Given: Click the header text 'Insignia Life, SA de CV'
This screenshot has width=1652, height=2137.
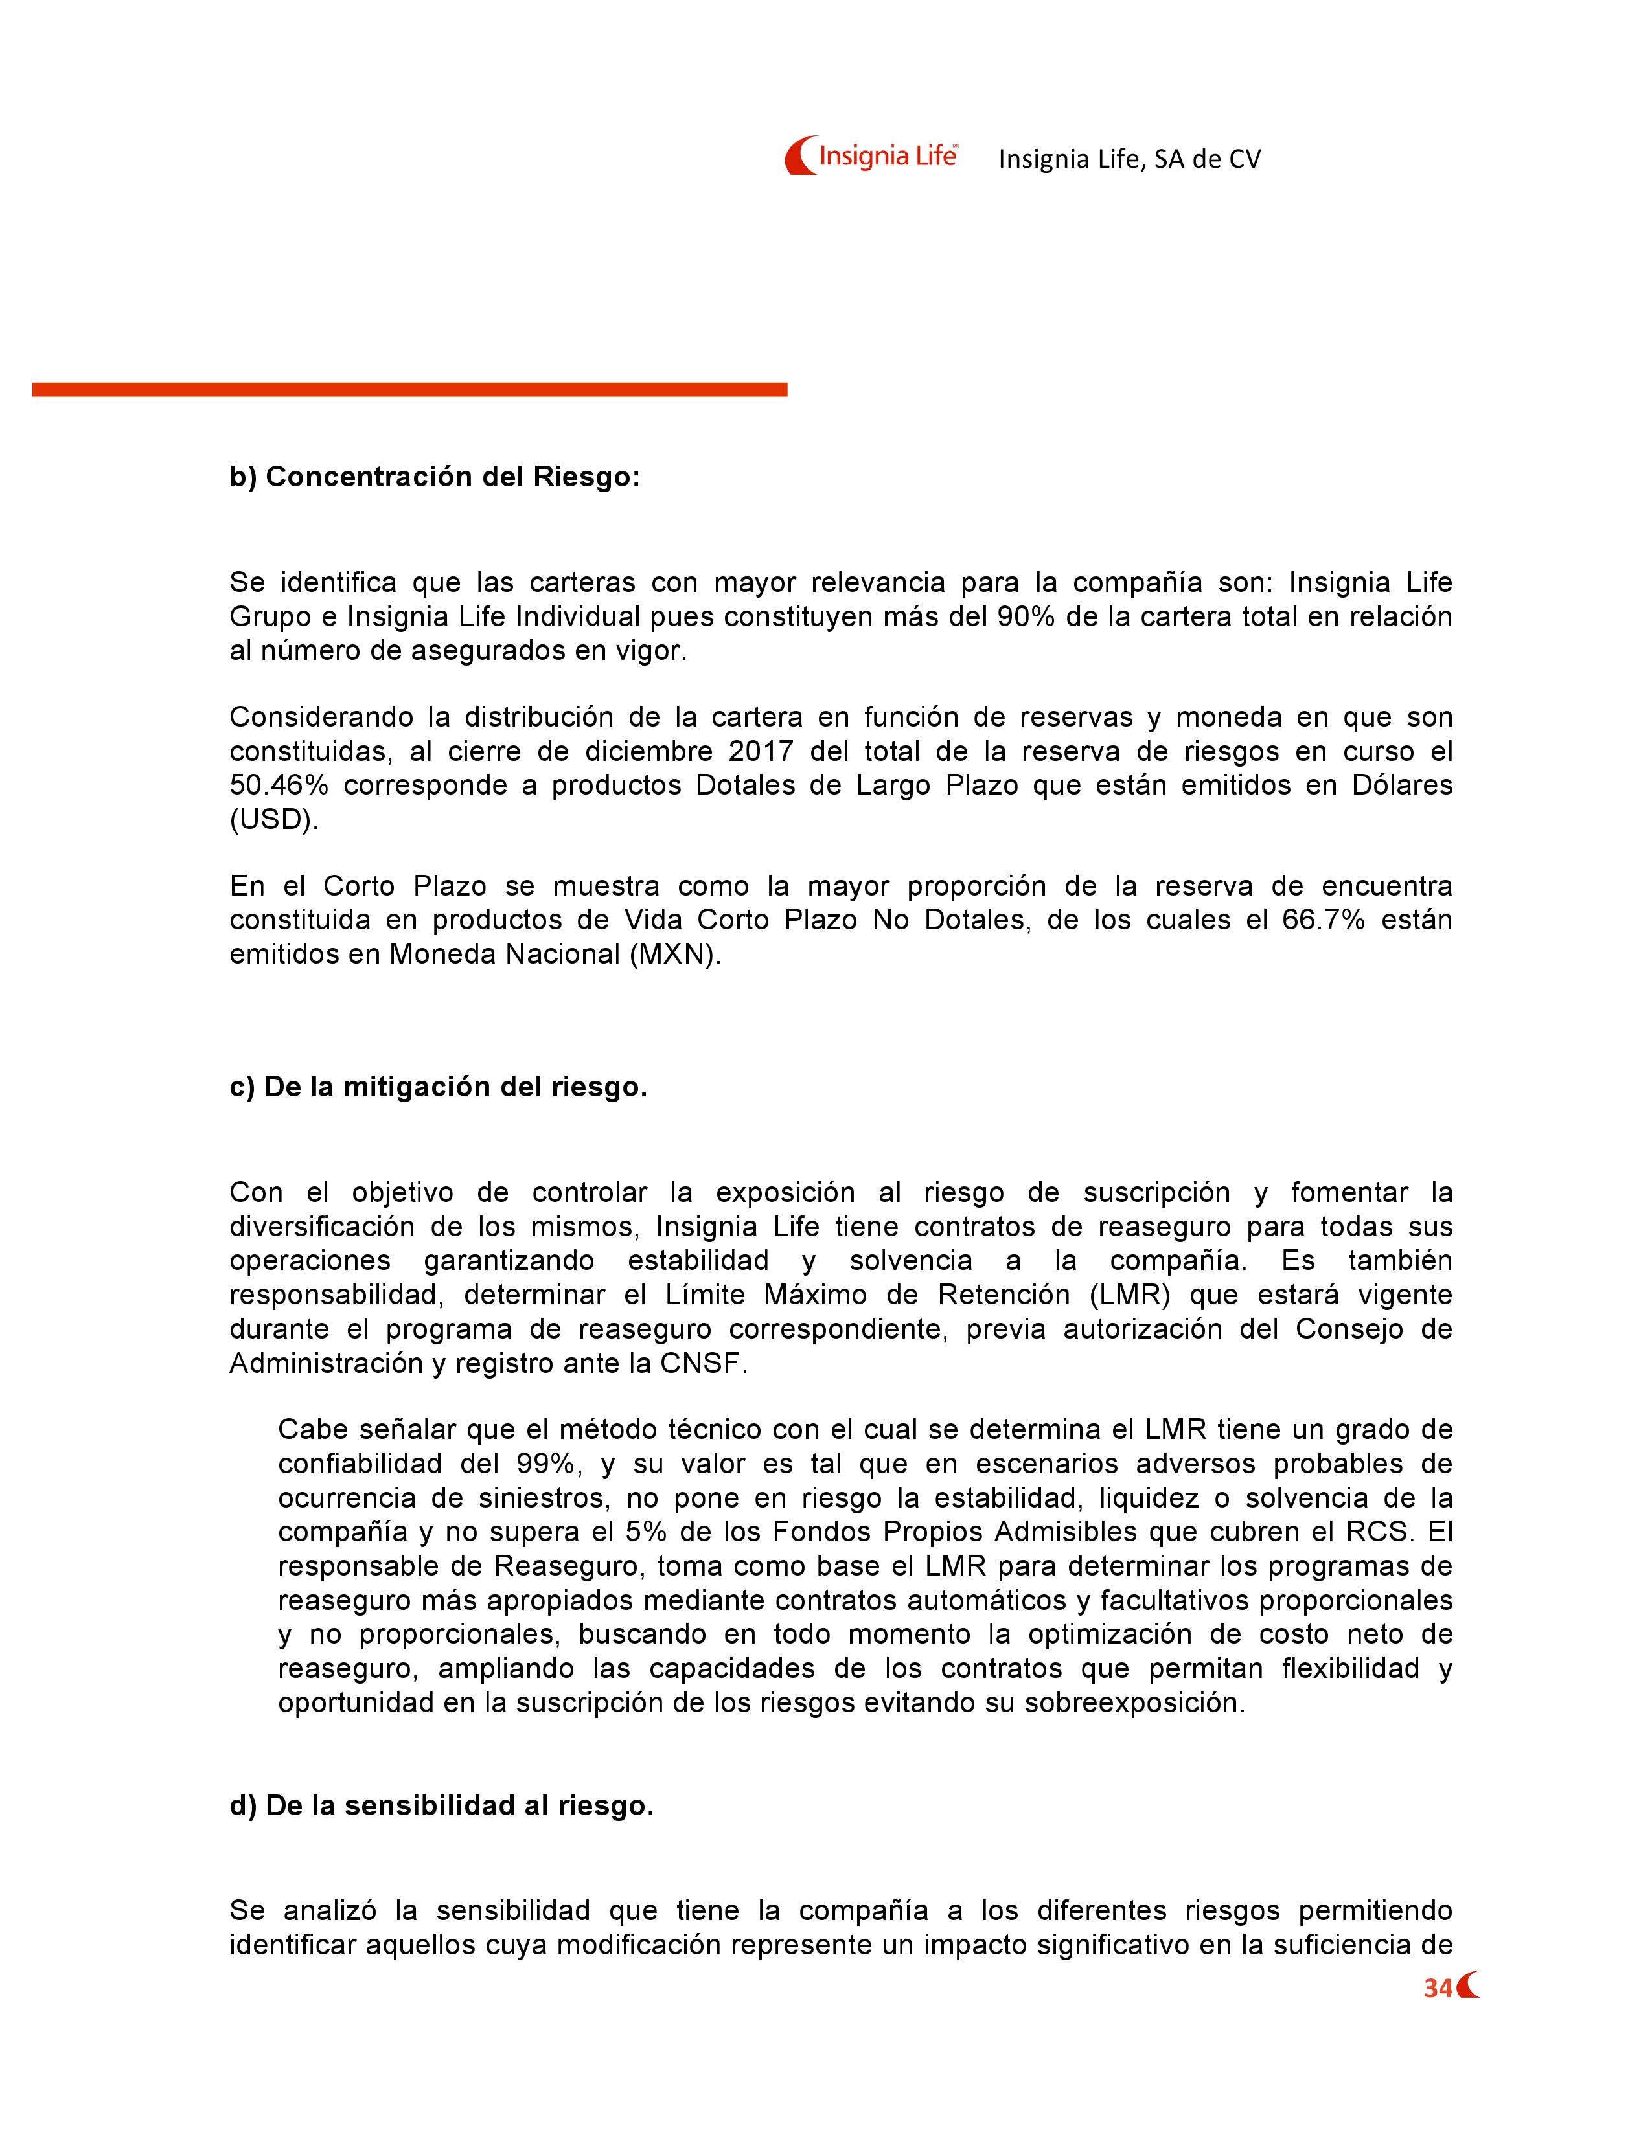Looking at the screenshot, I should (x=1129, y=159).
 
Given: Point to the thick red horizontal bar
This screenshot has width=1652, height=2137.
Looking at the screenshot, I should (x=409, y=389).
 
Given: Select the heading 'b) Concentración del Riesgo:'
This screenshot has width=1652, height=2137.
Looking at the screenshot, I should (x=435, y=477).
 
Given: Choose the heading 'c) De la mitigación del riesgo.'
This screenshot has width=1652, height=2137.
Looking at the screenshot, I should (x=439, y=1087).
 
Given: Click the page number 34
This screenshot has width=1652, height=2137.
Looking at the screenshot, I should (x=1438, y=1989).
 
